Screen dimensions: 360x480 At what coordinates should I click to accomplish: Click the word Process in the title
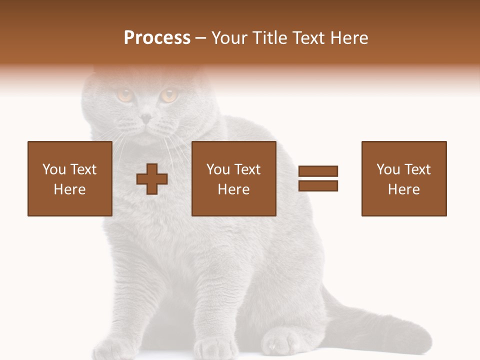[x=157, y=38]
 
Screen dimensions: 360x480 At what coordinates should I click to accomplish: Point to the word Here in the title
[x=349, y=38]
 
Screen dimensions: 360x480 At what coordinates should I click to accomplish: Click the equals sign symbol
[x=318, y=178]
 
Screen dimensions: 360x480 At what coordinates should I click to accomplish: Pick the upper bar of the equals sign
[x=318, y=171]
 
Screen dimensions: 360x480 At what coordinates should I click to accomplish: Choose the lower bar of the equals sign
[x=318, y=185]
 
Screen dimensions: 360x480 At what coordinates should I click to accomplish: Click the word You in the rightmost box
[x=388, y=169]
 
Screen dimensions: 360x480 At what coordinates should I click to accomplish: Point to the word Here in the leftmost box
[x=69, y=189]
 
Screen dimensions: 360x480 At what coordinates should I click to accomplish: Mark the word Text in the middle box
[x=247, y=169]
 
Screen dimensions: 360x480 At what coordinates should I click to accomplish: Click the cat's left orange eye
[x=124, y=94]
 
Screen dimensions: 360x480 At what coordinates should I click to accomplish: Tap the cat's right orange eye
[x=169, y=94]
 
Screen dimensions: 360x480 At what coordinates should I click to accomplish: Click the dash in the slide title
[x=201, y=38]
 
